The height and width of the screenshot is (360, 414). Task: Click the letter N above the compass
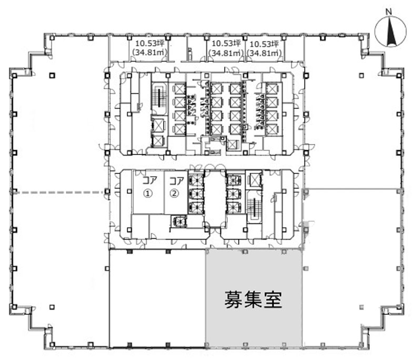click(x=388, y=12)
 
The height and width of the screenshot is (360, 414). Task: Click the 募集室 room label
click(x=254, y=300)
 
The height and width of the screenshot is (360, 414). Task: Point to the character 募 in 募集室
click(x=234, y=300)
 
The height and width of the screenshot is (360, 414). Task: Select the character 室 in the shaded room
click(x=273, y=300)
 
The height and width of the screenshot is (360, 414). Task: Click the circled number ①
click(x=148, y=193)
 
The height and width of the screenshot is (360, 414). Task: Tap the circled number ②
click(x=174, y=193)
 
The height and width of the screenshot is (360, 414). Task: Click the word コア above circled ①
click(x=149, y=181)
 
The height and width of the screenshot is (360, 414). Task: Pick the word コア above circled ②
click(x=176, y=181)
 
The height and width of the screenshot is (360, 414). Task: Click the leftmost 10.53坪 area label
click(x=150, y=43)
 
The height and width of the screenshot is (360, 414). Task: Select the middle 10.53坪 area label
click(x=226, y=43)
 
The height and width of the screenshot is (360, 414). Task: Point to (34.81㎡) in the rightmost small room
click(x=264, y=53)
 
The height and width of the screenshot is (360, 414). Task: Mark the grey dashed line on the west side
click(x=58, y=192)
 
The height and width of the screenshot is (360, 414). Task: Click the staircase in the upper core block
click(x=159, y=98)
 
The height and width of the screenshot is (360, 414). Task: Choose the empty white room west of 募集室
click(x=157, y=298)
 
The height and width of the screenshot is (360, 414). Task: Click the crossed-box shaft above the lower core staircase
click(x=254, y=179)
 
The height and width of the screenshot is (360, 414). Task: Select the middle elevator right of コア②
click(x=196, y=193)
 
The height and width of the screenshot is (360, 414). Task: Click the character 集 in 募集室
click(x=254, y=300)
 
